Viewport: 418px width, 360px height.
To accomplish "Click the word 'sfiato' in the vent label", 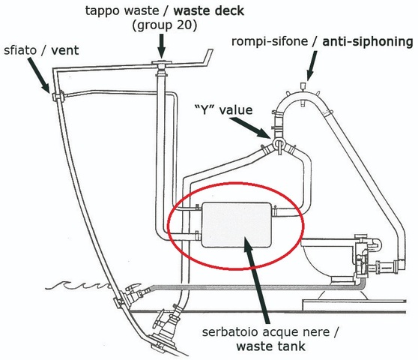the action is point(20,50).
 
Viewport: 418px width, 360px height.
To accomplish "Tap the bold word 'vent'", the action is point(64,50).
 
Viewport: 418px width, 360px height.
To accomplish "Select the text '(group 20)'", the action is point(165,25).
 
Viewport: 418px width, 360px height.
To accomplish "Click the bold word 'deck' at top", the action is point(229,11).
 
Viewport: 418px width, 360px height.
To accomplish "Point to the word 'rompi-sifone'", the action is point(270,42).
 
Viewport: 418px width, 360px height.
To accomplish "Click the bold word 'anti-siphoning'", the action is point(368,42).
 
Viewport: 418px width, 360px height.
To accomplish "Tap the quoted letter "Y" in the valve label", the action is point(205,109).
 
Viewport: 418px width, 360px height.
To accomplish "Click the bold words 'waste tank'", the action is point(270,346).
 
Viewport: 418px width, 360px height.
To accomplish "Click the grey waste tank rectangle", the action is point(237,225).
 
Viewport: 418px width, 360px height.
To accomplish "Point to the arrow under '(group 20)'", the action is point(161,46).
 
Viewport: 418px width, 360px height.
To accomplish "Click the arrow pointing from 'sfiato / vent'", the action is point(38,75).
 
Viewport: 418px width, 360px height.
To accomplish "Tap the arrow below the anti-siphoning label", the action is point(312,66).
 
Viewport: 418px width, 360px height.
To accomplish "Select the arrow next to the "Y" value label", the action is point(251,127).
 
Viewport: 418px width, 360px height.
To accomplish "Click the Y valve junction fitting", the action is point(279,143).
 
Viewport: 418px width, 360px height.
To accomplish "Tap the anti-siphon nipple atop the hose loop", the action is point(303,86).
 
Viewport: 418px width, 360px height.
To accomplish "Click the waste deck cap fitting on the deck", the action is point(161,64).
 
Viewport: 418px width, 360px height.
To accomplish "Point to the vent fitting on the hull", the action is point(58,96).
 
